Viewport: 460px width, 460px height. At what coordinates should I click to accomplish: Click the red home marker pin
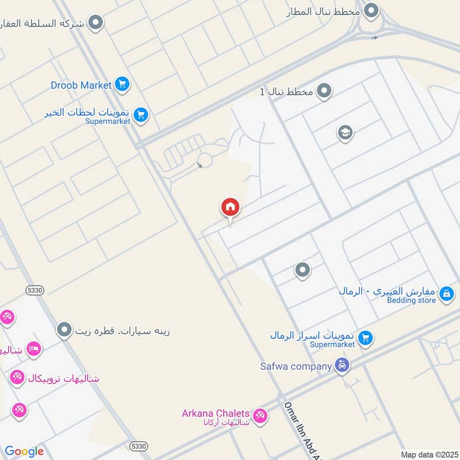coord(230,208)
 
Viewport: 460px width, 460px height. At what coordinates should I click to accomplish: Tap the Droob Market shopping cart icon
coord(122,85)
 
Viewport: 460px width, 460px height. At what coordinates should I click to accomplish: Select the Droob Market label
coord(81,85)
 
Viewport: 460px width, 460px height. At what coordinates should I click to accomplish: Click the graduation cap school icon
coord(345,133)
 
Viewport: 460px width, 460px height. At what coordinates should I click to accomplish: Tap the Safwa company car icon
coord(342,366)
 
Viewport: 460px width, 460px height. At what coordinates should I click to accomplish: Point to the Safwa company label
coord(296,366)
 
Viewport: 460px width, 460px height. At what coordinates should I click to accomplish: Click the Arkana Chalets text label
coord(216,413)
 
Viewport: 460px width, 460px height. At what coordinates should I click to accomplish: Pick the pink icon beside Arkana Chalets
coord(260,415)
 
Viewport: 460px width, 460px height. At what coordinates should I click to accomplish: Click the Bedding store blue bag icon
coord(446,294)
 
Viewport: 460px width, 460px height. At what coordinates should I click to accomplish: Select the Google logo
coord(24,451)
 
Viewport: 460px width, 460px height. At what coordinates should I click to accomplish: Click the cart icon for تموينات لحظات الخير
coord(141,116)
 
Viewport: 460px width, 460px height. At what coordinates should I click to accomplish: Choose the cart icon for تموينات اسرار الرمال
coord(365,339)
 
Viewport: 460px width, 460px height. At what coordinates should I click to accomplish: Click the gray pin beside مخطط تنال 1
coord(325,90)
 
